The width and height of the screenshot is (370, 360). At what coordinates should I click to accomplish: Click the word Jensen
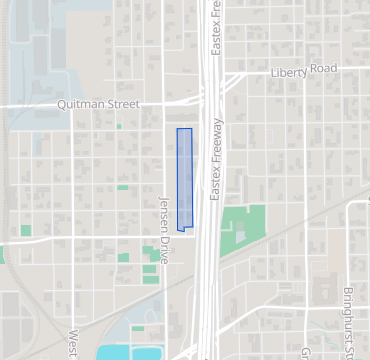164,212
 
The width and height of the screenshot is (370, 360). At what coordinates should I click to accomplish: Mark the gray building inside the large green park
240,233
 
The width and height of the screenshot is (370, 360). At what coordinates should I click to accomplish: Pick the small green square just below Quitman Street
118,126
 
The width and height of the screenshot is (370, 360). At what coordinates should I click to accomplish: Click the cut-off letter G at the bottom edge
304,352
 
